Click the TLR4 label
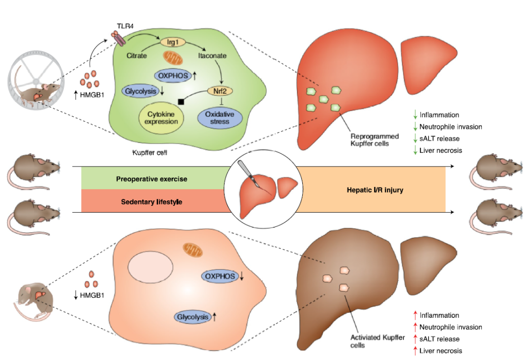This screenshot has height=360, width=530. click(125, 25)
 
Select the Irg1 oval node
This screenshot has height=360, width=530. click(169, 43)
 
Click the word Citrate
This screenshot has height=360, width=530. click(136, 56)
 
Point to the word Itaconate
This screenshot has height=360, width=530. click(212, 56)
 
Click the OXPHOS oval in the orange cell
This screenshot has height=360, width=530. click(220, 277)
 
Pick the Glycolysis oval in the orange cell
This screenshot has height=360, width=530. click(192, 317)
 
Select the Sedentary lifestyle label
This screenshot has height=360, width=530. click(148, 201)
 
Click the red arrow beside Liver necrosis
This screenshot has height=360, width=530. click(415, 351)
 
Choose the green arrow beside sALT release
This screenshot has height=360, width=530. click(415, 138)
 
